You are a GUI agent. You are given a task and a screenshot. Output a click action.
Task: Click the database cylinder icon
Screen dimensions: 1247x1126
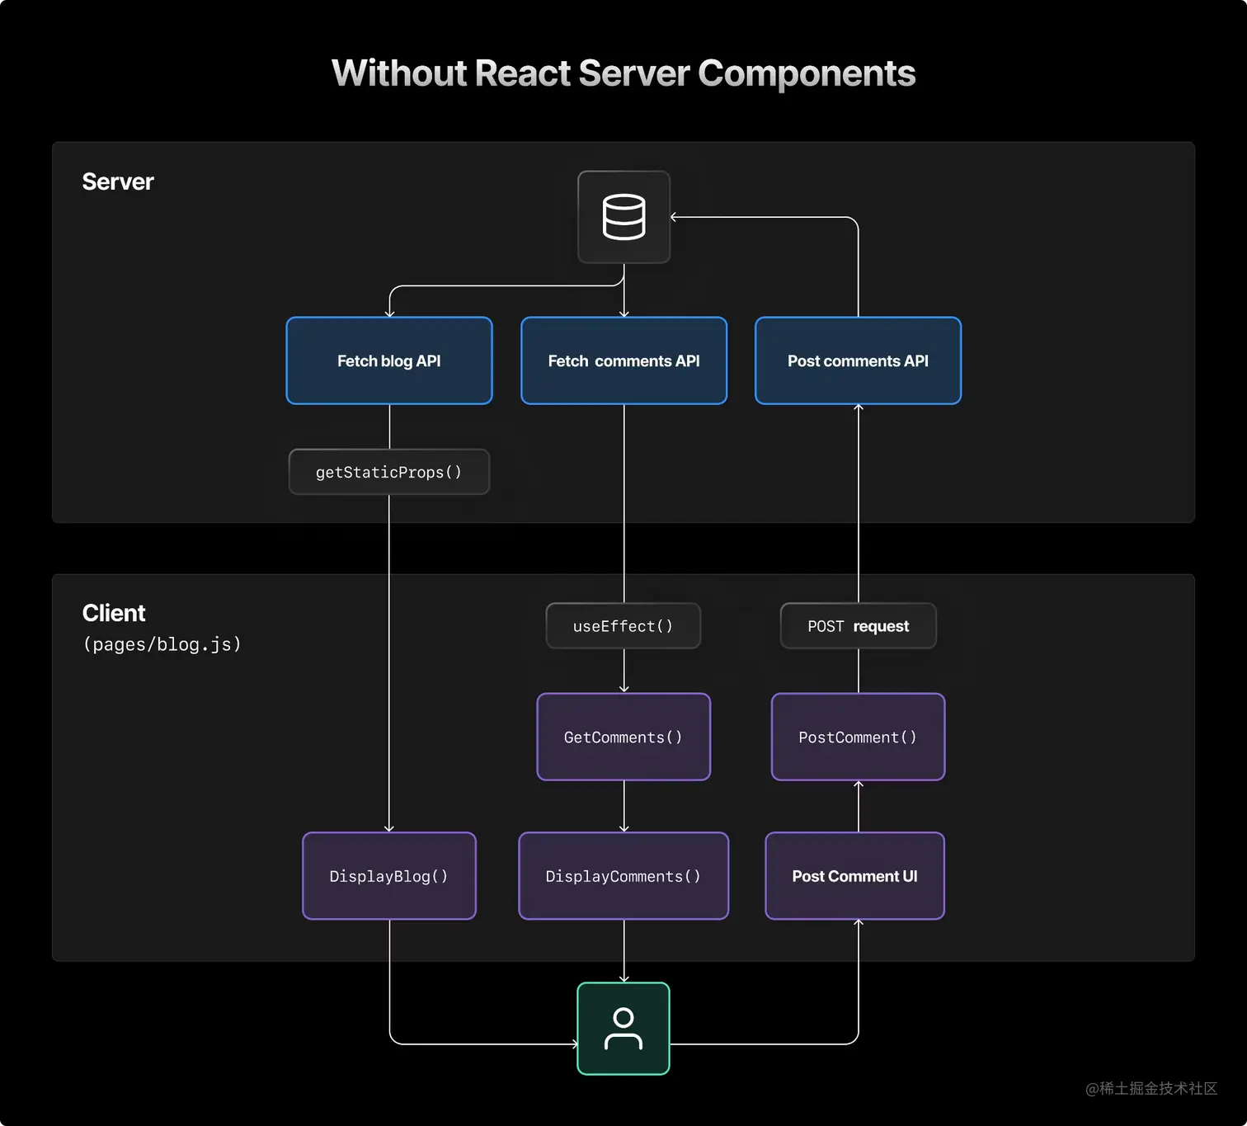[623, 216]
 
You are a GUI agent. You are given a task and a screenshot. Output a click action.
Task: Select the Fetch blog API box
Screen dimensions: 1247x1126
[389, 360]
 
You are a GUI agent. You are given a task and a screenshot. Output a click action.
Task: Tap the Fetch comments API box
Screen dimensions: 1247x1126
[623, 360]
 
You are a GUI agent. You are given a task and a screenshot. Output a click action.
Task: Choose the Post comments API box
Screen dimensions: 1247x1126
[858, 360]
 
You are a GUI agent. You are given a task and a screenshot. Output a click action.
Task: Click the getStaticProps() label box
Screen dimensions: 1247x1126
[389, 472]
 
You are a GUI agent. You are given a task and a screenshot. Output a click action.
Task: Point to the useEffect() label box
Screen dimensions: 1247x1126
[623, 625]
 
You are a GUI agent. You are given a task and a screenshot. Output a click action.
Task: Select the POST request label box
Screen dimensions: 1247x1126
[858, 625]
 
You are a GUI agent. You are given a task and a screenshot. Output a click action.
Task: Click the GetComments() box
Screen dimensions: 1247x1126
[623, 737]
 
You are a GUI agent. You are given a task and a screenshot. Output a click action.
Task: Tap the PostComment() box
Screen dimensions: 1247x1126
[858, 737]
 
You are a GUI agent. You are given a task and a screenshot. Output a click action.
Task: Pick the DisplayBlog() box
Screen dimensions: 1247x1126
[389, 875]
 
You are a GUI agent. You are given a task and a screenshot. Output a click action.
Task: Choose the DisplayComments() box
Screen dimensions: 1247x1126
[623, 875]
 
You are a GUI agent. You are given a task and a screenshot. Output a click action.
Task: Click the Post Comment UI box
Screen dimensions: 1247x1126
[854, 875]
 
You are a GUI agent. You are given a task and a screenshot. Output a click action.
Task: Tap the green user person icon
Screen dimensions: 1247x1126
[623, 1029]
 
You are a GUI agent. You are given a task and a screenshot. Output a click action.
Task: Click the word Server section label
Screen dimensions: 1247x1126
[117, 181]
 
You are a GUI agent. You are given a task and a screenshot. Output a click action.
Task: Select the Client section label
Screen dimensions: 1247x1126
[114, 613]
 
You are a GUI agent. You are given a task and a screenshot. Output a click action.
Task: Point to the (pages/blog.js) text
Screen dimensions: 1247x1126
[162, 644]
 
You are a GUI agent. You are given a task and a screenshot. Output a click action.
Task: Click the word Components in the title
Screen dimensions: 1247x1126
[807, 74]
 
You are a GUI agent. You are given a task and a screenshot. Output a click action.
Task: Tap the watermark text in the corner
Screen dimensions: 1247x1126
[1151, 1088]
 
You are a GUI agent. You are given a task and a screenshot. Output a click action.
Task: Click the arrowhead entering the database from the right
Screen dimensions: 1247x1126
[673, 217]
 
